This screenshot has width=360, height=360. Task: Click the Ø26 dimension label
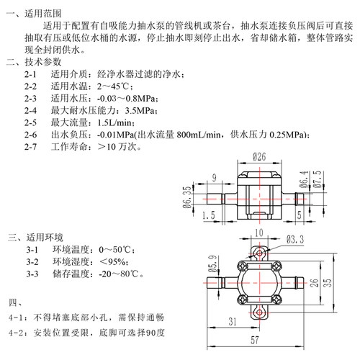[259, 157]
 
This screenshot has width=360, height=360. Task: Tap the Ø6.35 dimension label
[187, 197]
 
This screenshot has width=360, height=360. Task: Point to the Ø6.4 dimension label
[304, 179]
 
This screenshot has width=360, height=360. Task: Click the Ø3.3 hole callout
[295, 240]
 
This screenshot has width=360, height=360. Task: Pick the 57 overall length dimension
[255, 340]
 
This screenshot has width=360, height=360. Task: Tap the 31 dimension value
[233, 322]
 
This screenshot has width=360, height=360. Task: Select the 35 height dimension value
[328, 283]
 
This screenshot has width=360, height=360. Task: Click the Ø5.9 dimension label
[212, 264]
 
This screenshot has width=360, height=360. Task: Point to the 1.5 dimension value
[209, 215]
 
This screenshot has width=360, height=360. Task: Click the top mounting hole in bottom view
[259, 253]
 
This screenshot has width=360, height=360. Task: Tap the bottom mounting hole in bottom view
[259, 312]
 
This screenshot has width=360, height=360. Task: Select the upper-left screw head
[242, 266]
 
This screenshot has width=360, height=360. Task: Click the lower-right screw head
[276, 300]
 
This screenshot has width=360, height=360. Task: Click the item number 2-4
[30, 111]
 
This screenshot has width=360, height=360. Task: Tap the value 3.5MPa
[141, 111]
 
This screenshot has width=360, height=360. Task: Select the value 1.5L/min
[116, 123]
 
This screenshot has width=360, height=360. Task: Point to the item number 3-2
[32, 262]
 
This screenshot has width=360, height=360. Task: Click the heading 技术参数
[43, 62]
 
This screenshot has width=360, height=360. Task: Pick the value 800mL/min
[199, 135]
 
